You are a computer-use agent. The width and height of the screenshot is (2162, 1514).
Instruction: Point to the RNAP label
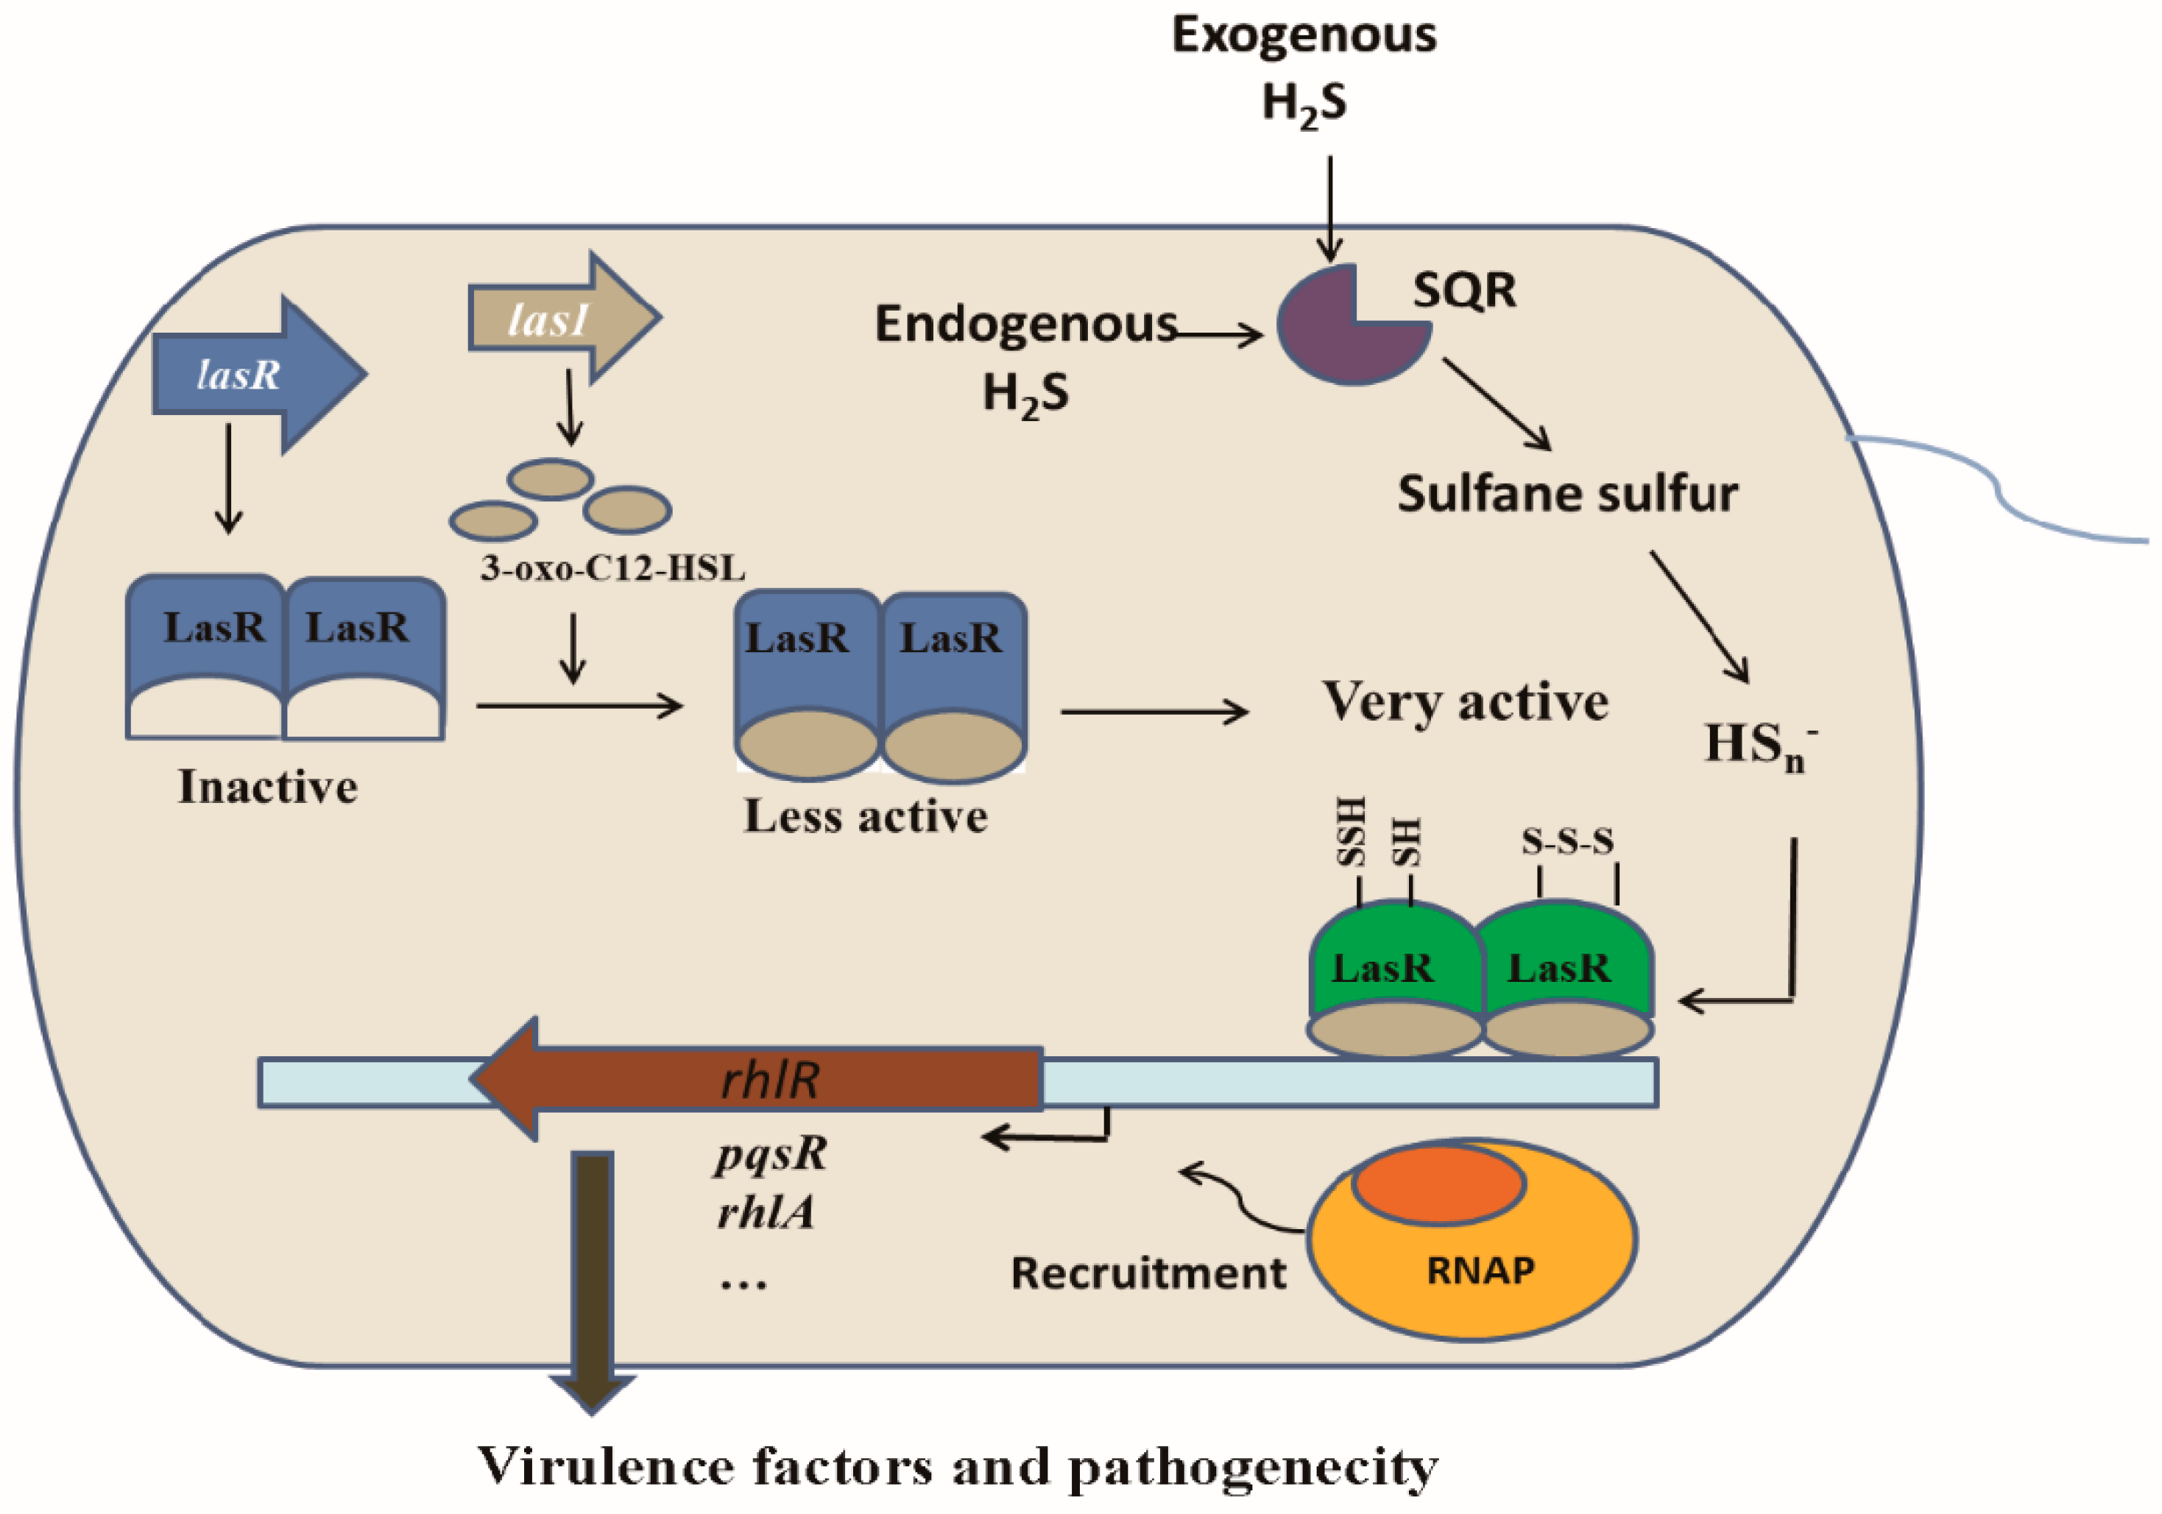(1480, 1270)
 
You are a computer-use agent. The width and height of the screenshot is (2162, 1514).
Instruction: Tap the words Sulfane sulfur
(1567, 493)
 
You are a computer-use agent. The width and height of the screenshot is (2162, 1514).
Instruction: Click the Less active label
(866, 816)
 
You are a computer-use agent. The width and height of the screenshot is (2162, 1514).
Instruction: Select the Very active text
(1465, 701)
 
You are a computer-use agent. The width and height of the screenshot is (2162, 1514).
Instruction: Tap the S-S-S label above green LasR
(1567, 841)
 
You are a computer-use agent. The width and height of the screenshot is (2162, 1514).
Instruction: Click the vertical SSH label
(1352, 832)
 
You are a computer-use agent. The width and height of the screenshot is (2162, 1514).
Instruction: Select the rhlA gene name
(765, 1213)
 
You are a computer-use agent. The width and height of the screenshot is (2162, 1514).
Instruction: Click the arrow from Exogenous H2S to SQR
(1329, 207)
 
